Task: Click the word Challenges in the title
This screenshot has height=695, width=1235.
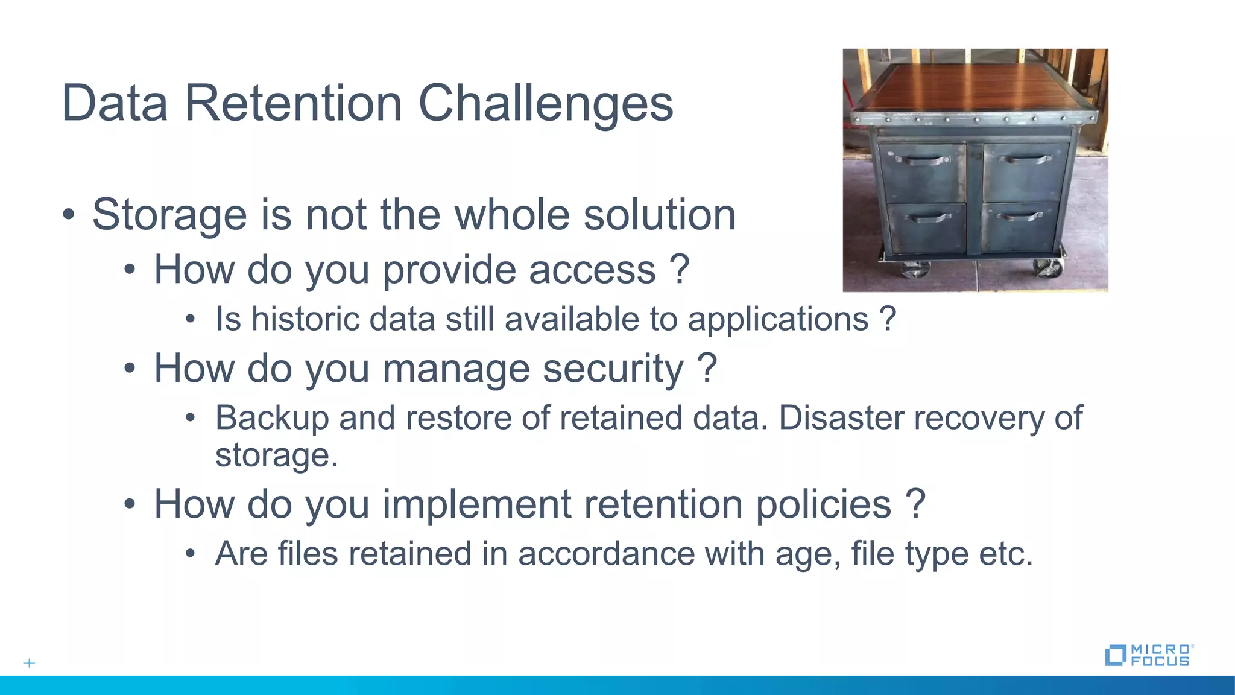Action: click(545, 104)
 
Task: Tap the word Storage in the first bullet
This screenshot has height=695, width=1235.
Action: click(169, 215)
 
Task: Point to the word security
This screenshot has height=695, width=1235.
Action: click(613, 369)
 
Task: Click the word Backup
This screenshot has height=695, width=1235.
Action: click(271, 418)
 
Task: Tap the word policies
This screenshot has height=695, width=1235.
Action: click(823, 504)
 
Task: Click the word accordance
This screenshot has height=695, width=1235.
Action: click(606, 553)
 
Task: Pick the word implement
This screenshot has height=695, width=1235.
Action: click(477, 504)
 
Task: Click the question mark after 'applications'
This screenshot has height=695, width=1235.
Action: click(887, 319)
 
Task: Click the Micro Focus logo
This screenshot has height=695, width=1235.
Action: click(1149, 655)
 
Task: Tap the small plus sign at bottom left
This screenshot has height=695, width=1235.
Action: click(29, 663)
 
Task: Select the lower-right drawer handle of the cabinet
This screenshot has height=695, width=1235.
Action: click(1019, 216)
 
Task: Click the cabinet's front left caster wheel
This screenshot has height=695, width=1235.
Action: click(915, 270)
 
